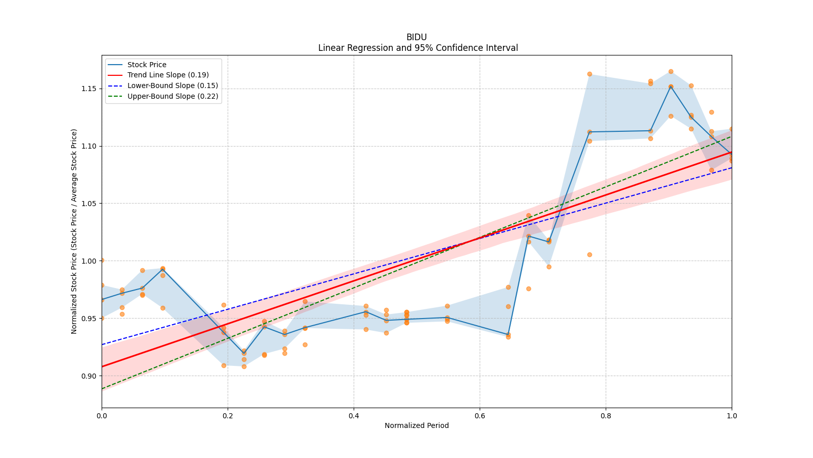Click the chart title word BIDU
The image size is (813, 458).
[x=416, y=37]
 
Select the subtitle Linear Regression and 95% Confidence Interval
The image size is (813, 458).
[x=418, y=48]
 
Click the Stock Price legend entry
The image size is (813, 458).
[x=147, y=65]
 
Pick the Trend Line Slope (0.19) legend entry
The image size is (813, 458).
[x=168, y=75]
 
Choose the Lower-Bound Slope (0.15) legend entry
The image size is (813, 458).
[x=172, y=85]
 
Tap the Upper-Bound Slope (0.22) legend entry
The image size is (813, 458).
[x=172, y=96]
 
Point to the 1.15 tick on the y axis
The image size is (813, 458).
[x=89, y=89]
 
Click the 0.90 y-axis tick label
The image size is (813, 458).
[x=89, y=376]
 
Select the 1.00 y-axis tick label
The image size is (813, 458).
[x=89, y=261]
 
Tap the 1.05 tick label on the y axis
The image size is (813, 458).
[x=89, y=204]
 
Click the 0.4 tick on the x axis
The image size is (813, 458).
[x=354, y=416]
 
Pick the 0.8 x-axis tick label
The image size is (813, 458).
[x=606, y=416]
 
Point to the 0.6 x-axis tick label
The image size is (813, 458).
[x=480, y=416]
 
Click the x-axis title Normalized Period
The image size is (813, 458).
[x=417, y=425]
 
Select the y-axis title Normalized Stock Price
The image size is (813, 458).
[x=74, y=232]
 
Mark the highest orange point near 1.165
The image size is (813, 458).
[x=671, y=71]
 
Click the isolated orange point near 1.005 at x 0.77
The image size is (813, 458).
[x=589, y=254]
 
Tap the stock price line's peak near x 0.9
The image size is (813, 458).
[x=671, y=87]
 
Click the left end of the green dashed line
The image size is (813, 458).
[x=102, y=389]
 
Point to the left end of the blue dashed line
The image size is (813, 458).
[x=102, y=345]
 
